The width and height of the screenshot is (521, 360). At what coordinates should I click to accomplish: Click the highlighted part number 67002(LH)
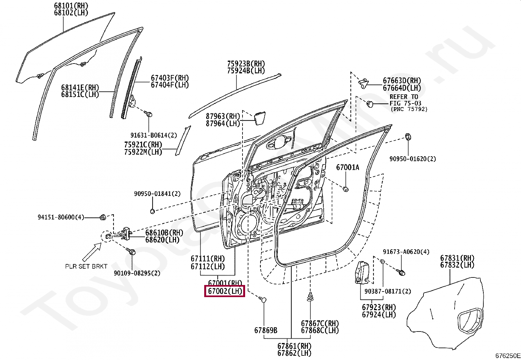pos(225,291)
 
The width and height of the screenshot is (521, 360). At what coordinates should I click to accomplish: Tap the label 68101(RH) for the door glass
pos(71,6)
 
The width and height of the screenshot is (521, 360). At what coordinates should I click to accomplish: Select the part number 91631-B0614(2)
pos(153,135)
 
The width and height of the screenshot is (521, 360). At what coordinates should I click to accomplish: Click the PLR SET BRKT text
pos(86,266)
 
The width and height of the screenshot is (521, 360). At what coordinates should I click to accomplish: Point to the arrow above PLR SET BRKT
pos(92,251)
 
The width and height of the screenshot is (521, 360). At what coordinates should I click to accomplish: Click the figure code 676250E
pos(507,356)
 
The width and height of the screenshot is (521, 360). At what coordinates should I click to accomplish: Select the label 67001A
pos(348,168)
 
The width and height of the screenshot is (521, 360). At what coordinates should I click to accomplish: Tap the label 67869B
pos(266,330)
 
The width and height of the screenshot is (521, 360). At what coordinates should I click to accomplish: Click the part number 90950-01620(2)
pos(413,159)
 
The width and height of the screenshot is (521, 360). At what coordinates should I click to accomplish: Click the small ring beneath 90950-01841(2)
pos(152,211)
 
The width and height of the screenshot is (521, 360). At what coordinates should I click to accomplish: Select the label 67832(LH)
pos(457,265)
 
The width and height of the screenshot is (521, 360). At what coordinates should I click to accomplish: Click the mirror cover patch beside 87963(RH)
pos(258,118)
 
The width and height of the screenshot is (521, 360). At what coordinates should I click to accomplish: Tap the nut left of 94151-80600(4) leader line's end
pos(102,217)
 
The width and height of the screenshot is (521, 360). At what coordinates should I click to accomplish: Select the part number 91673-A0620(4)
pos(406,252)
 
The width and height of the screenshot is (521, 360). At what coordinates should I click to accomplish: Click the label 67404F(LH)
pos(170,85)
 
